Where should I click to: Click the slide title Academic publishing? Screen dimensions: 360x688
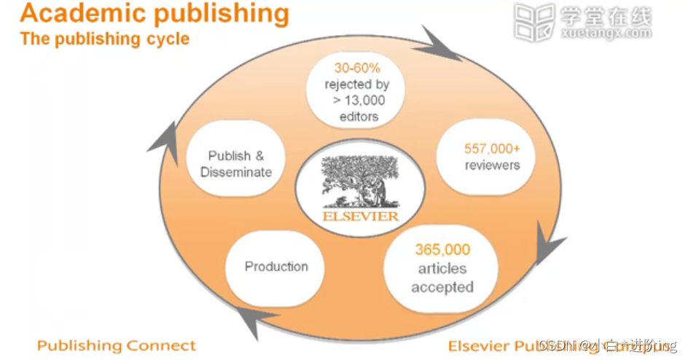point(155,14)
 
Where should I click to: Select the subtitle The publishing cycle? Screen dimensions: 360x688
point(105,39)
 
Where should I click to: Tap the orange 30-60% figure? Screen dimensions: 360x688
point(357,69)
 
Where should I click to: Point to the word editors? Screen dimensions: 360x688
point(358,117)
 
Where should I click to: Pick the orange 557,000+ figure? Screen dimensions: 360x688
point(492,149)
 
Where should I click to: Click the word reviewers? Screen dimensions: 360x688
point(493,165)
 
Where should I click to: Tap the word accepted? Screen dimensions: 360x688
point(442,286)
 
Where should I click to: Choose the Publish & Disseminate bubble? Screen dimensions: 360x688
point(235,164)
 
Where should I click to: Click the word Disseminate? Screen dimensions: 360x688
point(235,173)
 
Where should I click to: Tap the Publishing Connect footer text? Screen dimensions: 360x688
point(117,345)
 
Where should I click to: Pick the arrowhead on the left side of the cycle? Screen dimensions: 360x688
point(165,137)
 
